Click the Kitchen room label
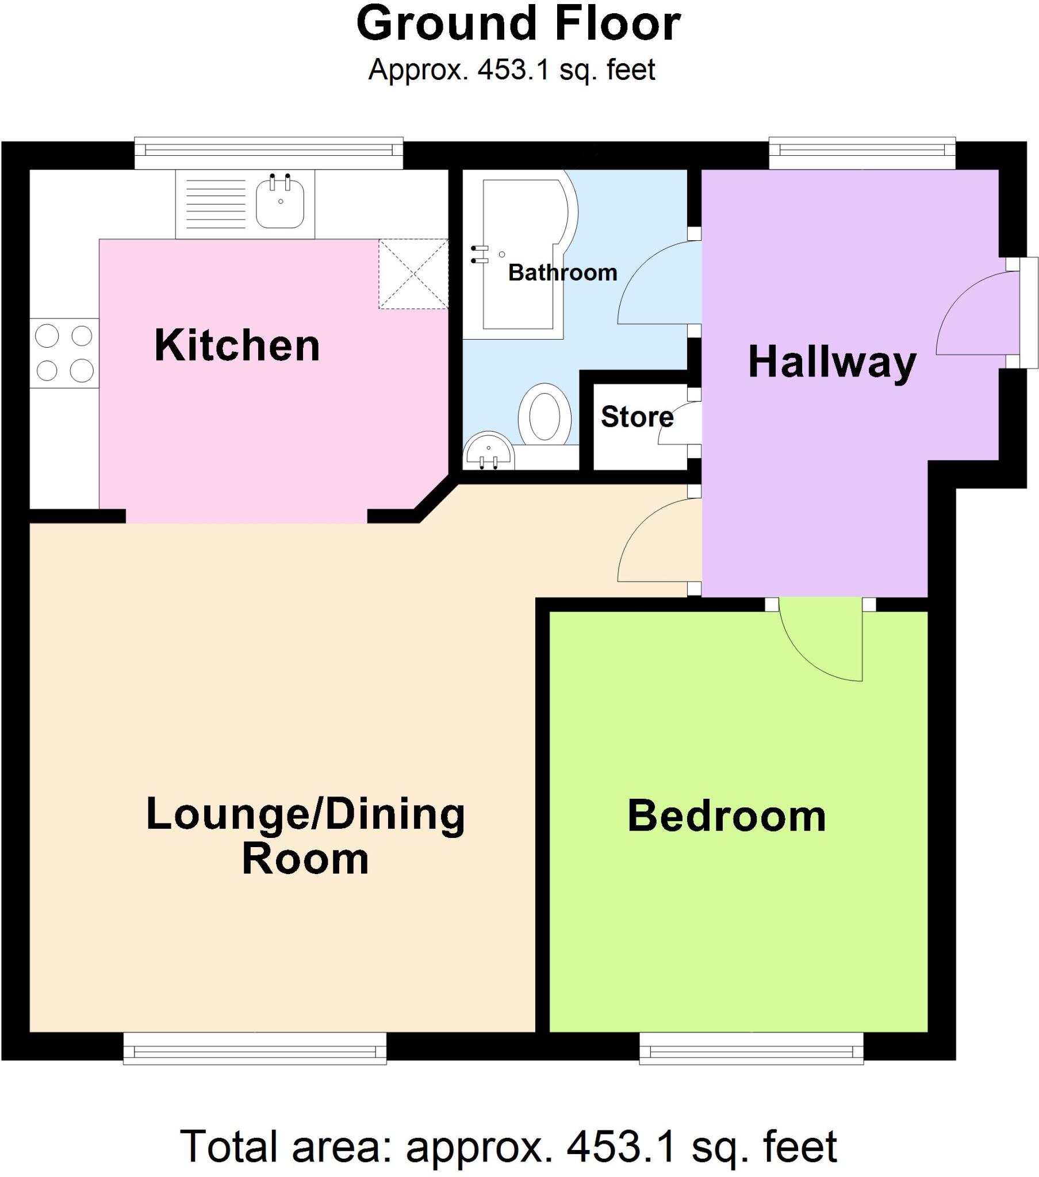point(237,345)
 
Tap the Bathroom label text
point(562,272)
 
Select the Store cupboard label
point(636,416)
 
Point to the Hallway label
point(831,362)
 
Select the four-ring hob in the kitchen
point(64,353)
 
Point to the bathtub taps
point(480,255)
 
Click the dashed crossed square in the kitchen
point(413,274)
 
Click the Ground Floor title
point(519,24)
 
